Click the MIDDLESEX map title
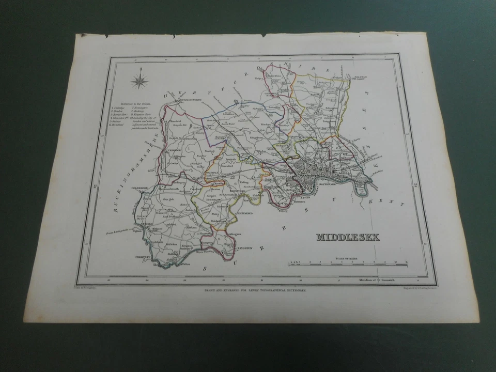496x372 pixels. pyautogui.click(x=347, y=237)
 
